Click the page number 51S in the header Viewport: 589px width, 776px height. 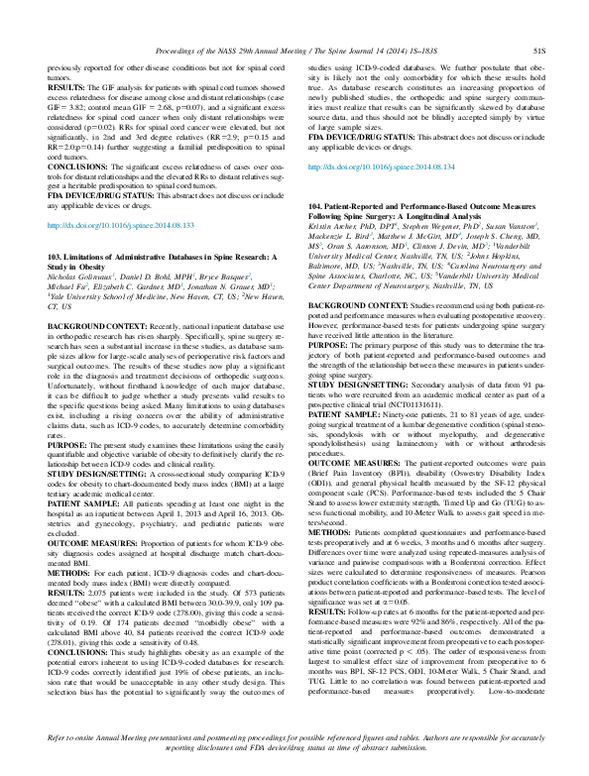543,46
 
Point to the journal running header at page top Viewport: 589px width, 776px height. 294,46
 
